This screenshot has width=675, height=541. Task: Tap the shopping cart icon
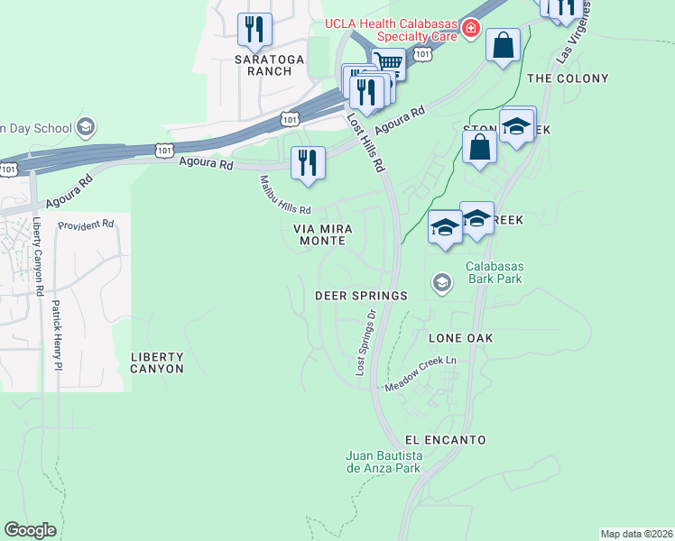388,62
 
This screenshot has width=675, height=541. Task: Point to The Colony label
568,78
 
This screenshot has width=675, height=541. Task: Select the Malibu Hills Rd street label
285,195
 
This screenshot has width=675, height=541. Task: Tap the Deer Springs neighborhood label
361,296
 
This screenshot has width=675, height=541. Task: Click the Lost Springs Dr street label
365,343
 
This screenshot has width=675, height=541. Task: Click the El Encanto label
446,440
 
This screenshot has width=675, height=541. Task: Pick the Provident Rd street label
86,224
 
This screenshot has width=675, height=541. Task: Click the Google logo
31,530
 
